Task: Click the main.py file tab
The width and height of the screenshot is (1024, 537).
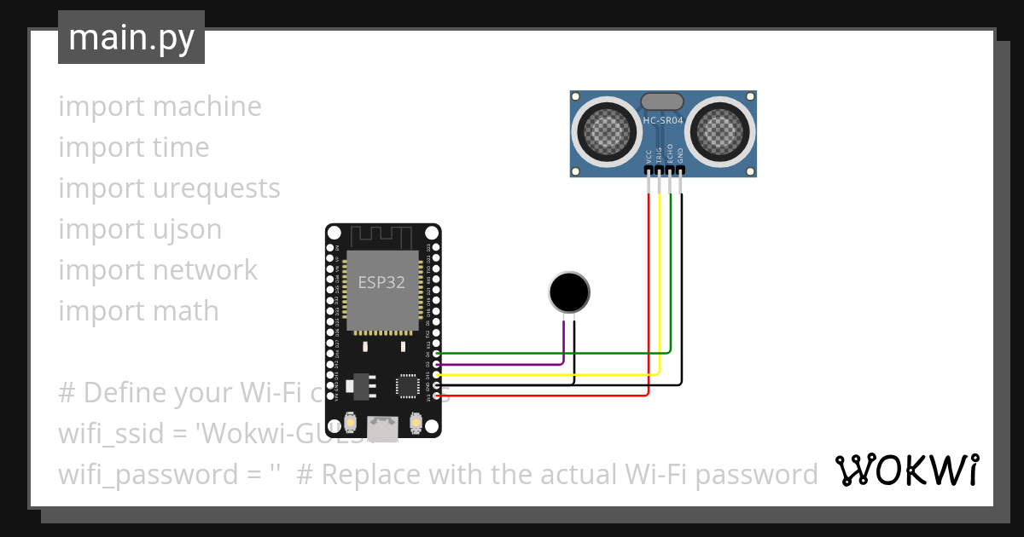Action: click(x=131, y=38)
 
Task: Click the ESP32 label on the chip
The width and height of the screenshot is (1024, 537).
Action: click(x=381, y=283)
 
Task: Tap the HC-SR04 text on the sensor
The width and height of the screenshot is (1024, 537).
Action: click(x=663, y=121)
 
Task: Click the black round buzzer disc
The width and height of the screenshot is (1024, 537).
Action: click(x=568, y=293)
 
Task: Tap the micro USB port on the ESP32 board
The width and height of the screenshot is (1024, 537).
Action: click(x=382, y=428)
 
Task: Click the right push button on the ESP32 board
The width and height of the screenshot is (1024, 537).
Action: click(x=416, y=422)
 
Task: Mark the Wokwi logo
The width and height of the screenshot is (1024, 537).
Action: click(x=906, y=470)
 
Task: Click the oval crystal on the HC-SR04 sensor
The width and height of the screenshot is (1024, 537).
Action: click(x=662, y=101)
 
